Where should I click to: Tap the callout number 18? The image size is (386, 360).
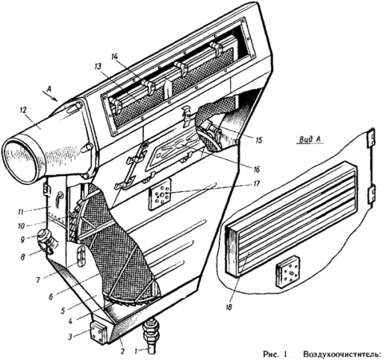point(228,307)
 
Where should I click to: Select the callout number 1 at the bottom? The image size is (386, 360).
point(136,351)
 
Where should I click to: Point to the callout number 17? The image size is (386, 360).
point(257,184)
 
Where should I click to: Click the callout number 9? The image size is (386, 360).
point(22,240)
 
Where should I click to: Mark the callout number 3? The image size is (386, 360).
point(71,337)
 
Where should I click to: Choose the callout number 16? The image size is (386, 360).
point(255,170)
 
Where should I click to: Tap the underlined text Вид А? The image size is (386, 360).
point(309,140)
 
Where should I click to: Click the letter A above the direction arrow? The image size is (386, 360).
point(49,89)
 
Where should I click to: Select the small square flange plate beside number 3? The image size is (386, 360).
point(99,332)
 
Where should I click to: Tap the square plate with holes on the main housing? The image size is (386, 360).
point(161,195)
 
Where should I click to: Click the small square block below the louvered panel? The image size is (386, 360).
point(287,272)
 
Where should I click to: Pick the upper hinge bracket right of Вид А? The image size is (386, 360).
point(371,137)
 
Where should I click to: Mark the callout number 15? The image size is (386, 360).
point(258,140)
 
